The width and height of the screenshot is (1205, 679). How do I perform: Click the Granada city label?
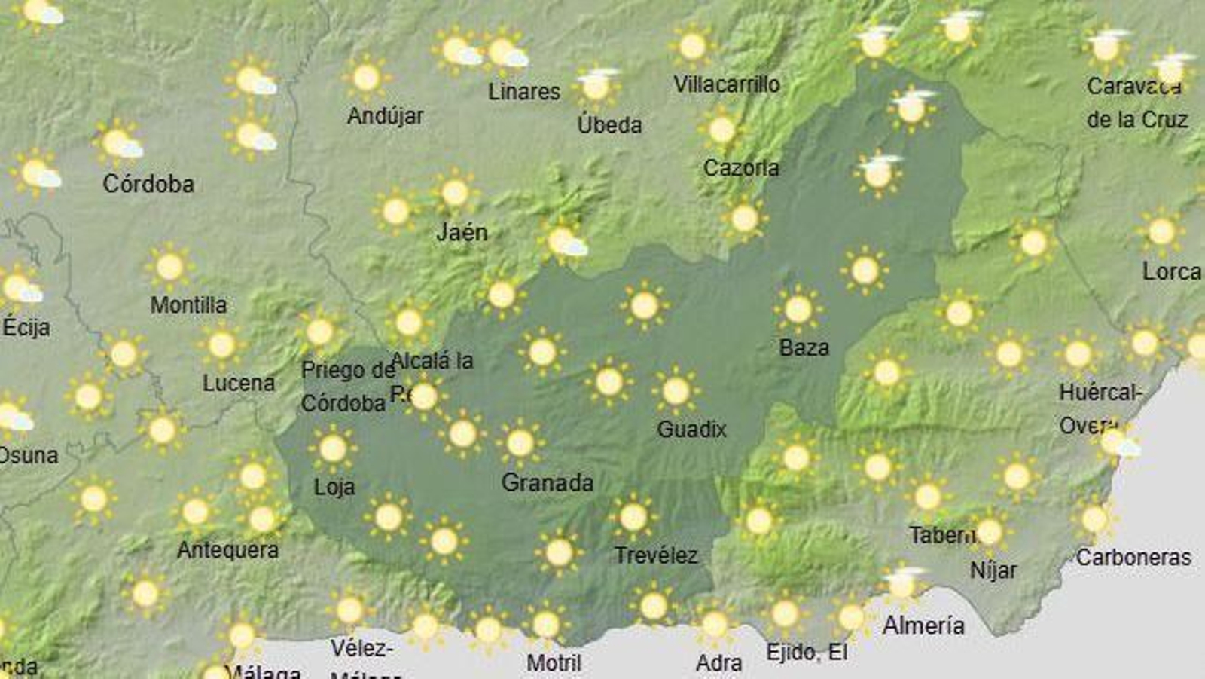(548, 482)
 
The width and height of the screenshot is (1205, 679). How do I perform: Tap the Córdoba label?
(148, 184)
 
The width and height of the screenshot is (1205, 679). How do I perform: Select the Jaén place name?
(462, 232)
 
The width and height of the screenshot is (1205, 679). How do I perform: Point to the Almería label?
(923, 625)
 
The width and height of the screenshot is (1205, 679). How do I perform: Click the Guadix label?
(691, 430)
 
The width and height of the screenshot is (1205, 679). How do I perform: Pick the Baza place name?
(804, 347)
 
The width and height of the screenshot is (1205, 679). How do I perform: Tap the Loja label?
(334, 487)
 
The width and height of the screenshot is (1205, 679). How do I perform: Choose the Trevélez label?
(656, 555)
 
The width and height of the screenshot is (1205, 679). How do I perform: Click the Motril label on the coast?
(554, 663)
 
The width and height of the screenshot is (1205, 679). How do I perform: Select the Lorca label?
(1171, 271)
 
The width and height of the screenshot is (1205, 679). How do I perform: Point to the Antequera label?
(227, 550)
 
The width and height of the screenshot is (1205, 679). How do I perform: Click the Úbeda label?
(609, 124)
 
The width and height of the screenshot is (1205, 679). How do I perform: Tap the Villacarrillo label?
(726, 84)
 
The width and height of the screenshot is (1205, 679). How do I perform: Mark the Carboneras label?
(1133, 558)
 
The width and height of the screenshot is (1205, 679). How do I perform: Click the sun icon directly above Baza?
(798, 309)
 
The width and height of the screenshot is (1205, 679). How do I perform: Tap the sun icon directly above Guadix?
(676, 390)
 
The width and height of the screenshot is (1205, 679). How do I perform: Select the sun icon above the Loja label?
(332, 448)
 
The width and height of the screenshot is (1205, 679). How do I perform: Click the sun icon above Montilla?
(169, 266)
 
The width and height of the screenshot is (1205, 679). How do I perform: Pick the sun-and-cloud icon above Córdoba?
(118, 142)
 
